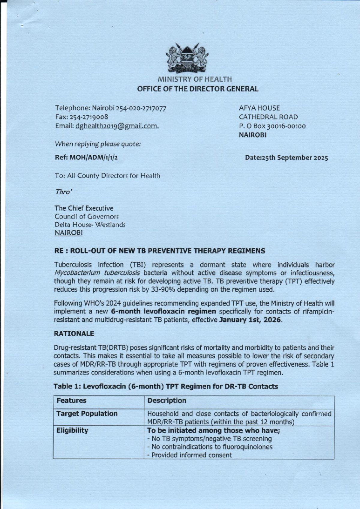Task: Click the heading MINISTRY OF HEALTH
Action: (x=195, y=79)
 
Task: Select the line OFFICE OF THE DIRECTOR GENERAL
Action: (x=198, y=89)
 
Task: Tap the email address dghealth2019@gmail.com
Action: (x=117, y=126)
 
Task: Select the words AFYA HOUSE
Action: (x=259, y=108)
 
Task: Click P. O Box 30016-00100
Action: (x=272, y=126)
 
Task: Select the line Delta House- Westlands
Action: (x=90, y=225)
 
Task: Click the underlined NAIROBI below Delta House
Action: (x=68, y=233)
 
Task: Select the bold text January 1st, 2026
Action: (x=250, y=320)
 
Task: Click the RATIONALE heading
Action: (x=74, y=333)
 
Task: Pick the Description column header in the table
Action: (x=167, y=400)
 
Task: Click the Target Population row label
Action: (x=87, y=414)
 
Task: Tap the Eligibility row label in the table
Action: (x=72, y=430)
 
